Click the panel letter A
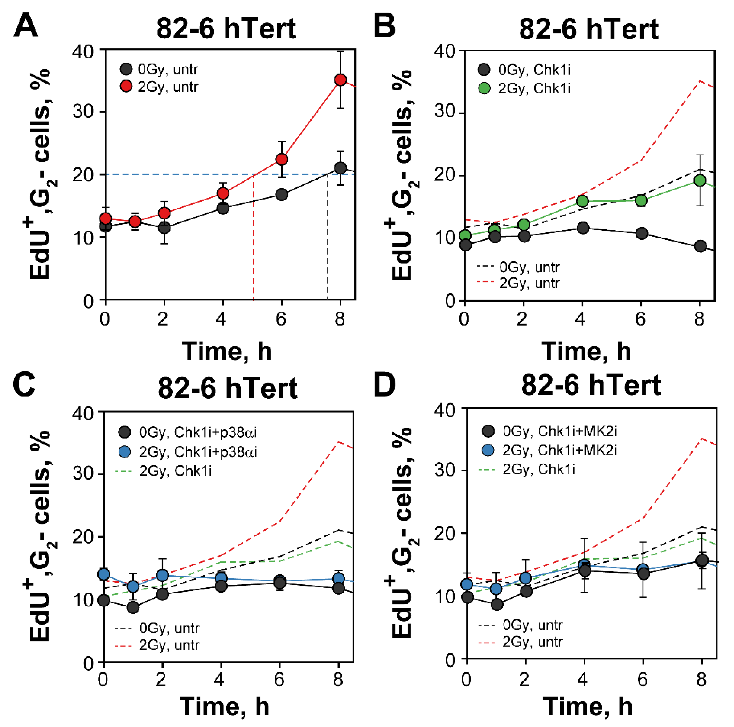(26, 25)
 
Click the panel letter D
(385, 385)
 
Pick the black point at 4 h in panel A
(223, 208)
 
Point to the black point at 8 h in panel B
(700, 246)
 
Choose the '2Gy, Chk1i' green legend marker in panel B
(484, 89)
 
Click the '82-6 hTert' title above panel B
(589, 30)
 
